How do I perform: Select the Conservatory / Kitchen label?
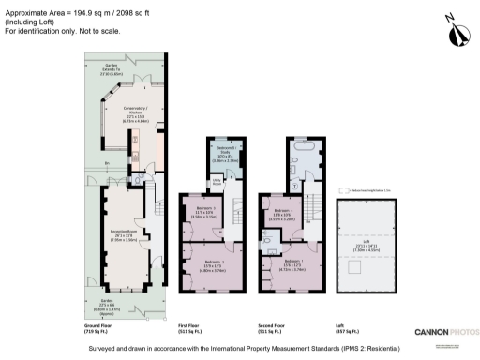[118, 117]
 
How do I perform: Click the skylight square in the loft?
[358, 266]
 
